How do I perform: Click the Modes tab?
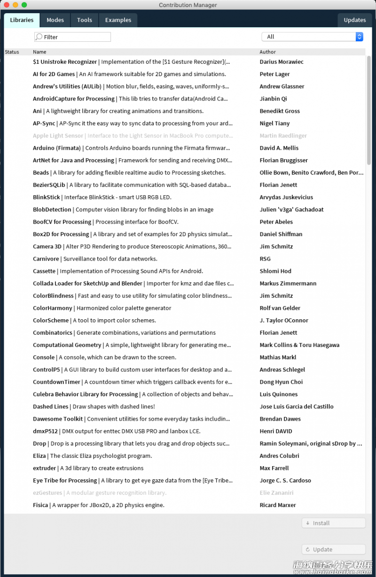coord(55,20)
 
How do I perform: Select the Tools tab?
coord(85,20)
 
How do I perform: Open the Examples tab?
coord(118,20)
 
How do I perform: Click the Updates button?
coord(354,20)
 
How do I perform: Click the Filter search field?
coord(75,37)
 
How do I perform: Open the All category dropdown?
coord(312,37)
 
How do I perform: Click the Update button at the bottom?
coord(333,549)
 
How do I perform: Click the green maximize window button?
coord(24,5)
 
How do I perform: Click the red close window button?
coord(6,5)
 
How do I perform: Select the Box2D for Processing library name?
coord(61,234)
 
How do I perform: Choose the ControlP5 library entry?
coord(47,370)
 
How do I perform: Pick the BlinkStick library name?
coord(47,198)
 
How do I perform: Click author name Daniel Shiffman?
coord(281,234)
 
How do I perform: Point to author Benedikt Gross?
coord(279,111)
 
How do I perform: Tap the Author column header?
coord(267,52)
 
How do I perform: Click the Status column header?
coord(12,52)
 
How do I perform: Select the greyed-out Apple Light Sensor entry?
coord(58,136)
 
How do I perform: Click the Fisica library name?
coord(40,505)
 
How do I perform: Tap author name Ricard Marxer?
coord(277,505)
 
